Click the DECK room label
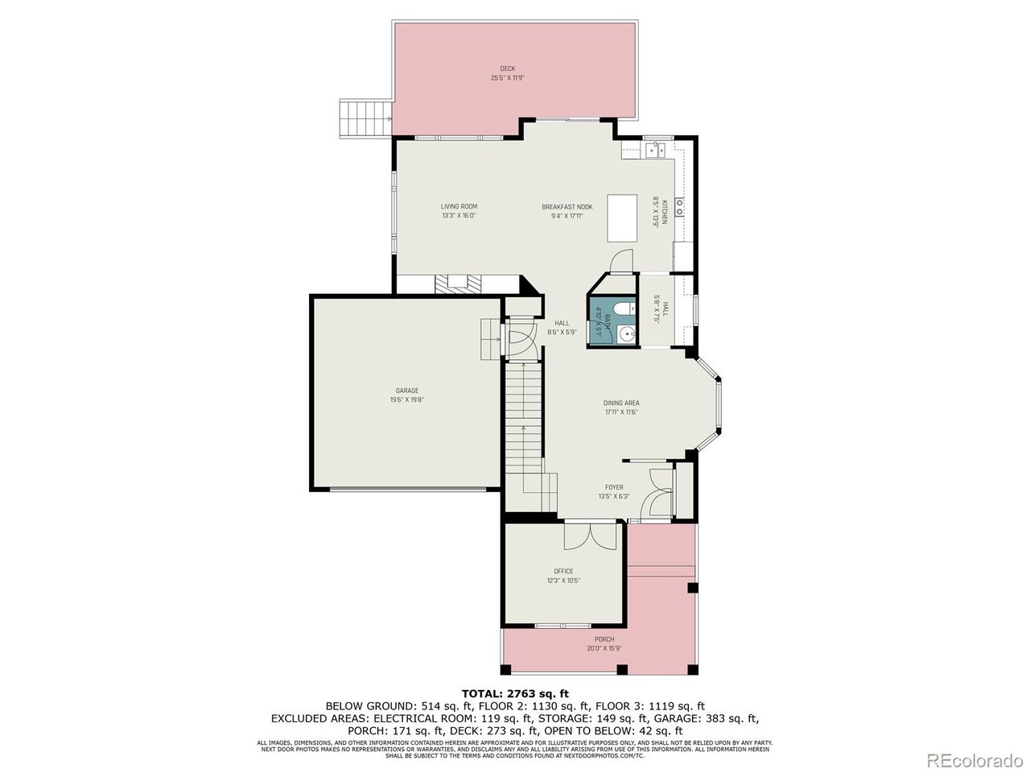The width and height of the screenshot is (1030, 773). click(x=507, y=68)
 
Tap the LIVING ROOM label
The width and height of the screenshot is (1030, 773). click(x=459, y=206)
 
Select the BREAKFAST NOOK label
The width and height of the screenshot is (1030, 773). click(x=566, y=207)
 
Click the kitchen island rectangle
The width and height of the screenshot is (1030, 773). click(x=622, y=217)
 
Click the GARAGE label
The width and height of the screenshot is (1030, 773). click(x=406, y=391)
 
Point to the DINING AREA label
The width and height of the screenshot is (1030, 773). click(x=621, y=403)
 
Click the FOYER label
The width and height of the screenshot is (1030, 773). click(x=614, y=487)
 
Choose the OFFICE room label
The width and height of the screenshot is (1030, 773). click(x=563, y=571)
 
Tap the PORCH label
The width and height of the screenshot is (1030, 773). click(x=604, y=639)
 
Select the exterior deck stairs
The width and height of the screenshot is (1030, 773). click(x=364, y=118)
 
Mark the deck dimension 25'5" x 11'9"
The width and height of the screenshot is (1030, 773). click(x=507, y=78)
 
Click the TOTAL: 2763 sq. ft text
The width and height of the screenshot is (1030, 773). click(x=515, y=693)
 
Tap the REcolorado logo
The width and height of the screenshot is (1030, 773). click(x=974, y=759)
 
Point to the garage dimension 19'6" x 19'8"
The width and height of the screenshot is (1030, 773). click(x=406, y=399)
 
